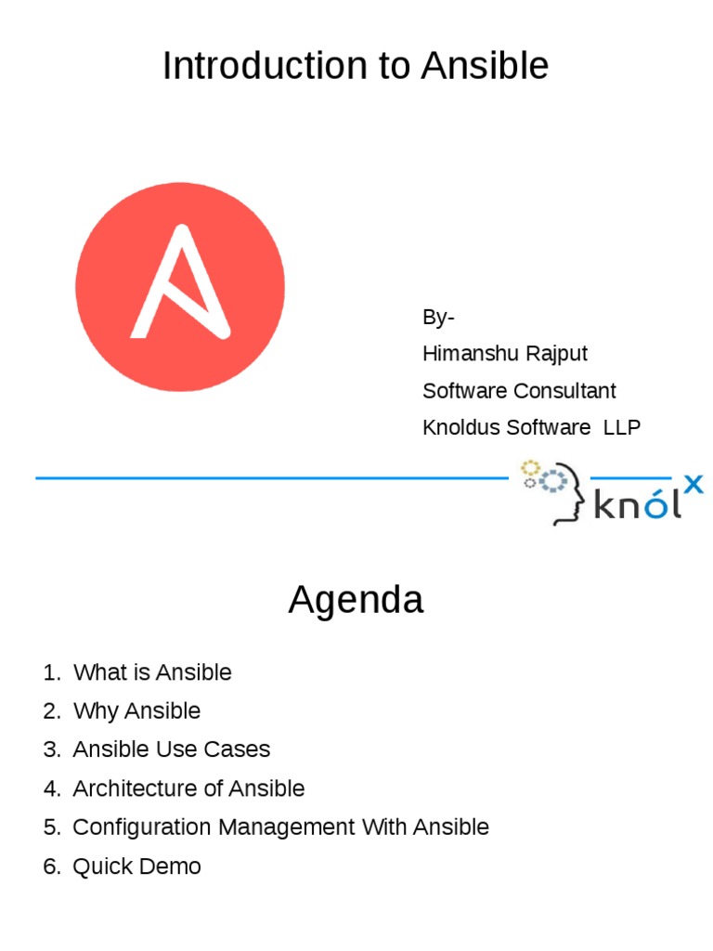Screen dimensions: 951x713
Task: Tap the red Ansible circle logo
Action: pyautogui.click(x=180, y=286)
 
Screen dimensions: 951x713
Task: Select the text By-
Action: pyautogui.click(x=438, y=318)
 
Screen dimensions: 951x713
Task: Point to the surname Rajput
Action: pyautogui.click(x=557, y=354)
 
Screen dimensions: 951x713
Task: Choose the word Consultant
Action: pyautogui.click(x=564, y=391)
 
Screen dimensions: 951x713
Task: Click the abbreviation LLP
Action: pyautogui.click(x=622, y=427)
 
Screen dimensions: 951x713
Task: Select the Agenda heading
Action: pyautogui.click(x=356, y=601)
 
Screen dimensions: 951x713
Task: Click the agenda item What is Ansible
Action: pyautogui.click(x=152, y=672)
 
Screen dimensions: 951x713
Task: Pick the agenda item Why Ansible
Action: pyautogui.click(x=136, y=711)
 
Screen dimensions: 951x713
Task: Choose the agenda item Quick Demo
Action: pyautogui.click(x=136, y=866)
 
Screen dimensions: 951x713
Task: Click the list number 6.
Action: pyautogui.click(x=51, y=866)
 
